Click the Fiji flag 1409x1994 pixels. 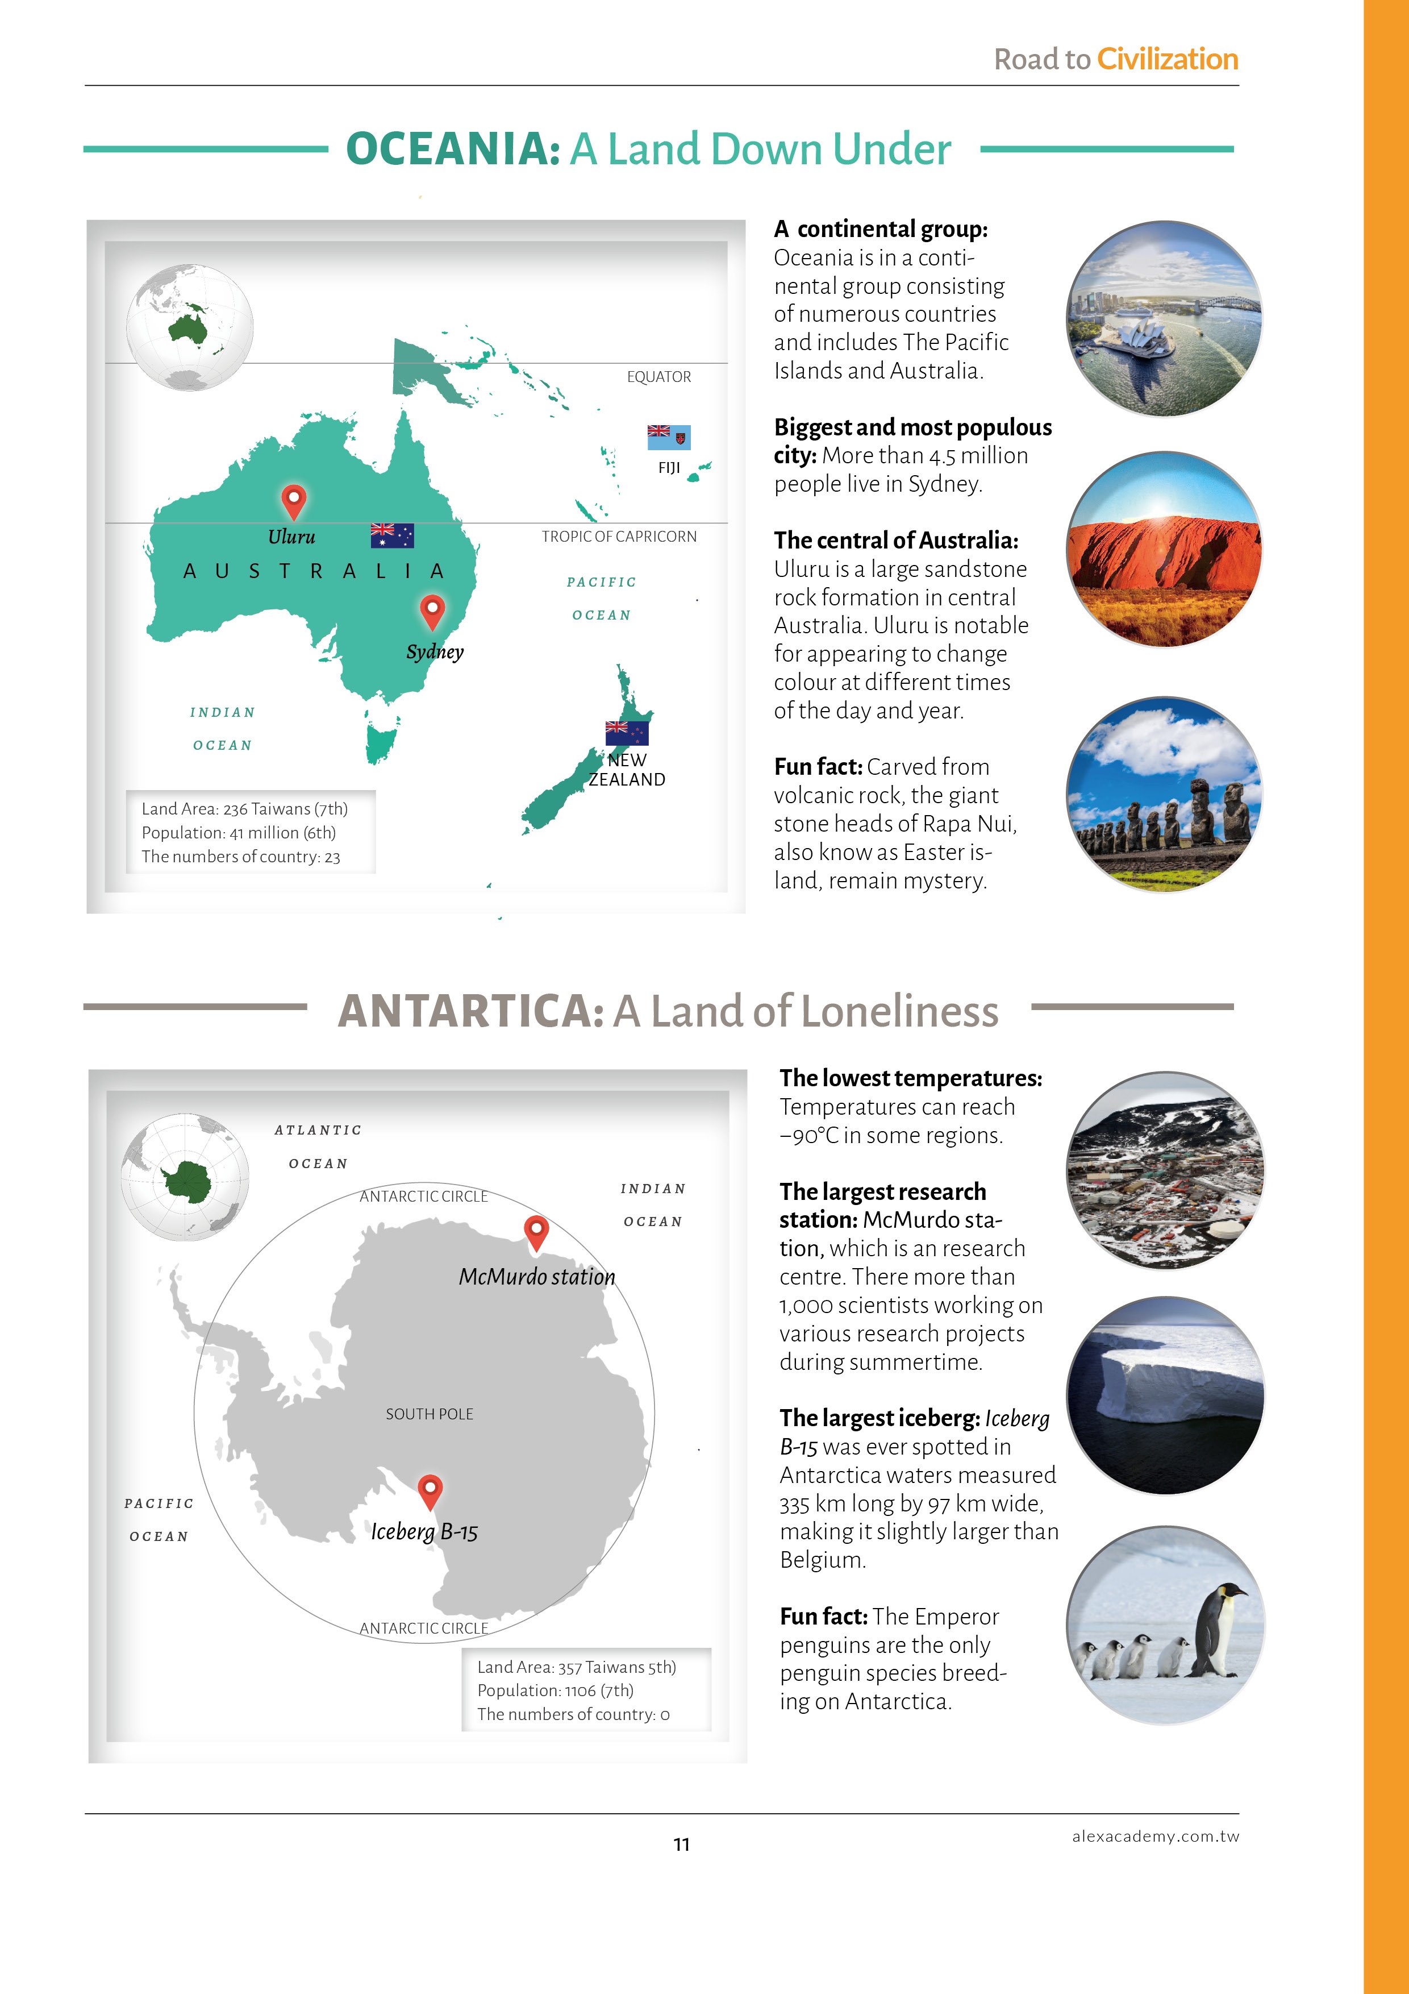point(669,437)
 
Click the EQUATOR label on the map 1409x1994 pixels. point(659,377)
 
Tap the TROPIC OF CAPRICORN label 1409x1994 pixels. point(619,537)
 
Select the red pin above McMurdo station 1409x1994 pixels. point(536,1231)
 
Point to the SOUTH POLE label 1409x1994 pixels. point(430,1414)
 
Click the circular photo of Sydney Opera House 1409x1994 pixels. point(1164,319)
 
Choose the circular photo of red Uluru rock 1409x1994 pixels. point(1164,549)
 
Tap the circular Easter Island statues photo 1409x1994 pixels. point(1164,795)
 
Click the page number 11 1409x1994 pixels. point(682,1845)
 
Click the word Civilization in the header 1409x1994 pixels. point(1167,59)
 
